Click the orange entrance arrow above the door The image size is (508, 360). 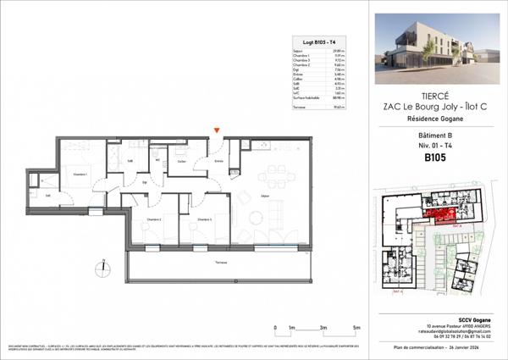pyautogui.click(x=218, y=130)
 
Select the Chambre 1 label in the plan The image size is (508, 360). pyautogui.click(x=81, y=174)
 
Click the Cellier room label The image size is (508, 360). pyautogui.click(x=183, y=160)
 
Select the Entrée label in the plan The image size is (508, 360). pyautogui.click(x=218, y=160)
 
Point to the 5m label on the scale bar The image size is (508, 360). pyautogui.click(x=357, y=327)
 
